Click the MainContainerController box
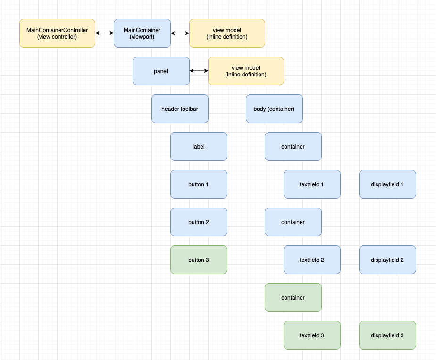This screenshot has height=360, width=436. tap(57, 33)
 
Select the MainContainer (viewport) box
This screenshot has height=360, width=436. tap(142, 33)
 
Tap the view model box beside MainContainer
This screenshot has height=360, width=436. tap(227, 33)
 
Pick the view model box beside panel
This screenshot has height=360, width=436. tap(246, 71)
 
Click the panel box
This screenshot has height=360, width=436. tap(161, 71)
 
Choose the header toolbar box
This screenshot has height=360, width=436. tap(180, 109)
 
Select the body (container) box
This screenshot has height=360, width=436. tap(274, 109)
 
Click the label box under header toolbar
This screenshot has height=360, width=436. tap(199, 147)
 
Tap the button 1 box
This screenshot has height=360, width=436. tap(199, 184)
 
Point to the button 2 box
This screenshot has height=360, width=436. tap(199, 222)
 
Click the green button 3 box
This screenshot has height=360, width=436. tap(199, 260)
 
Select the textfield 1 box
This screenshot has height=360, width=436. tap(312, 184)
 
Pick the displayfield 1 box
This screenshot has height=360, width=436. tap(387, 184)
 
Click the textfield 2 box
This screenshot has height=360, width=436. tap(312, 260)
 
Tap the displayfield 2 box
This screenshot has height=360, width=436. tap(387, 260)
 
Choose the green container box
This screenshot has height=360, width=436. tap(293, 298)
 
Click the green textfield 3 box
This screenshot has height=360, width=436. tap(312, 335)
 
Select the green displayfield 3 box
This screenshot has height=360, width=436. tap(387, 335)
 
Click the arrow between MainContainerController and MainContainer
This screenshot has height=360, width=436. tap(104, 33)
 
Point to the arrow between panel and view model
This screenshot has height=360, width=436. tap(199, 71)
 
